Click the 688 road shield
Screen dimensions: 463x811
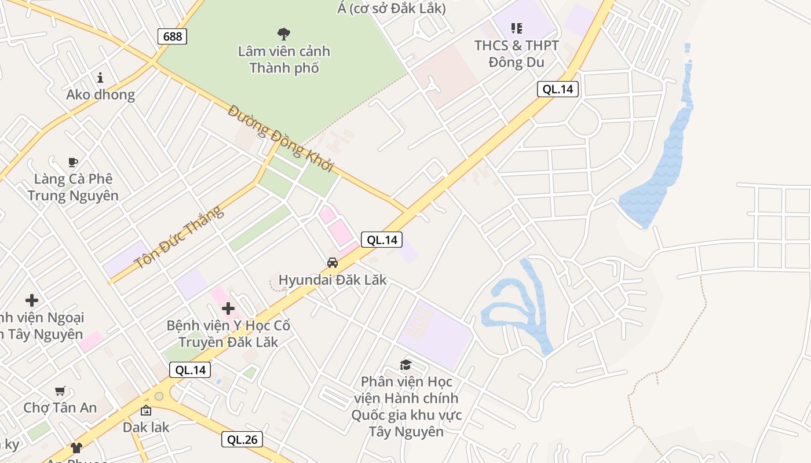[172, 36]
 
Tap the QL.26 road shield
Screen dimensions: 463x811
[242, 439]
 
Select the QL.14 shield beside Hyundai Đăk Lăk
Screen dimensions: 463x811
[382, 240]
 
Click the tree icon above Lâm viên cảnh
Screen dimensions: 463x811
[284, 34]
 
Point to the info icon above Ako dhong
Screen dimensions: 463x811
[100, 78]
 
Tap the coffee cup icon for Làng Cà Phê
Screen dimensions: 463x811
[72, 162]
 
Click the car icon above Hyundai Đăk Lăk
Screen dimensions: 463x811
[333, 263]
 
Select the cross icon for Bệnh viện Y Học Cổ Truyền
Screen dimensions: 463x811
[228, 308]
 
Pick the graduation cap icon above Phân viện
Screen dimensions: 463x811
[405, 365]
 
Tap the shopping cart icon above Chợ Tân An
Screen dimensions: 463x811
[60, 391]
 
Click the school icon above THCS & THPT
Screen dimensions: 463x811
[516, 28]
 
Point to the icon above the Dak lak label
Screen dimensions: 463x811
[146, 411]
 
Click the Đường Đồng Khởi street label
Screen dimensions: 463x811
[281, 138]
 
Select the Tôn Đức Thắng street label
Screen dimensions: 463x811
[178, 238]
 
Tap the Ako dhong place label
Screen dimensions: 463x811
[100, 94]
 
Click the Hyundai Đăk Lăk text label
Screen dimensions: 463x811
[333, 280]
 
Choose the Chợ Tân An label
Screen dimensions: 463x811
[60, 407]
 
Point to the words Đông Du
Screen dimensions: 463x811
[517, 62]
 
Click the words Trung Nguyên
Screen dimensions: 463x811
[73, 195]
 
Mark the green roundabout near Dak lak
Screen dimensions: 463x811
[159, 396]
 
